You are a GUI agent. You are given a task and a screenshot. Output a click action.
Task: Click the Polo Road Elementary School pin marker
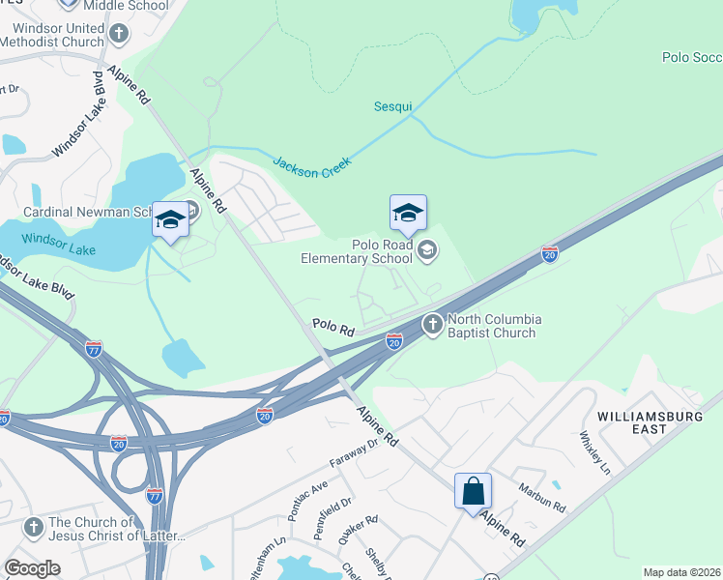click(408, 215)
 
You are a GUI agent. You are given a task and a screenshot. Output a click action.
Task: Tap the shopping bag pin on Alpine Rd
click(473, 492)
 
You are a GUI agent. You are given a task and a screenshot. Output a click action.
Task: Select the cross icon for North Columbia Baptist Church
click(432, 324)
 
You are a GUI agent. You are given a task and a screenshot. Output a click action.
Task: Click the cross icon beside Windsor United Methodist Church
click(118, 36)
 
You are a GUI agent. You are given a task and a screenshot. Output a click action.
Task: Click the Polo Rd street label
click(333, 329)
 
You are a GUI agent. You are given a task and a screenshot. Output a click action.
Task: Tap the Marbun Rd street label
click(539, 499)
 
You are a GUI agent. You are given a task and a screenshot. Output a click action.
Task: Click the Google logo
click(32, 568)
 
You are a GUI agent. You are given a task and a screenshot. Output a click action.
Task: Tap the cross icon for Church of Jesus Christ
click(34, 528)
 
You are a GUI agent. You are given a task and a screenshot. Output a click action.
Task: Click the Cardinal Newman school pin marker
click(170, 221)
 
